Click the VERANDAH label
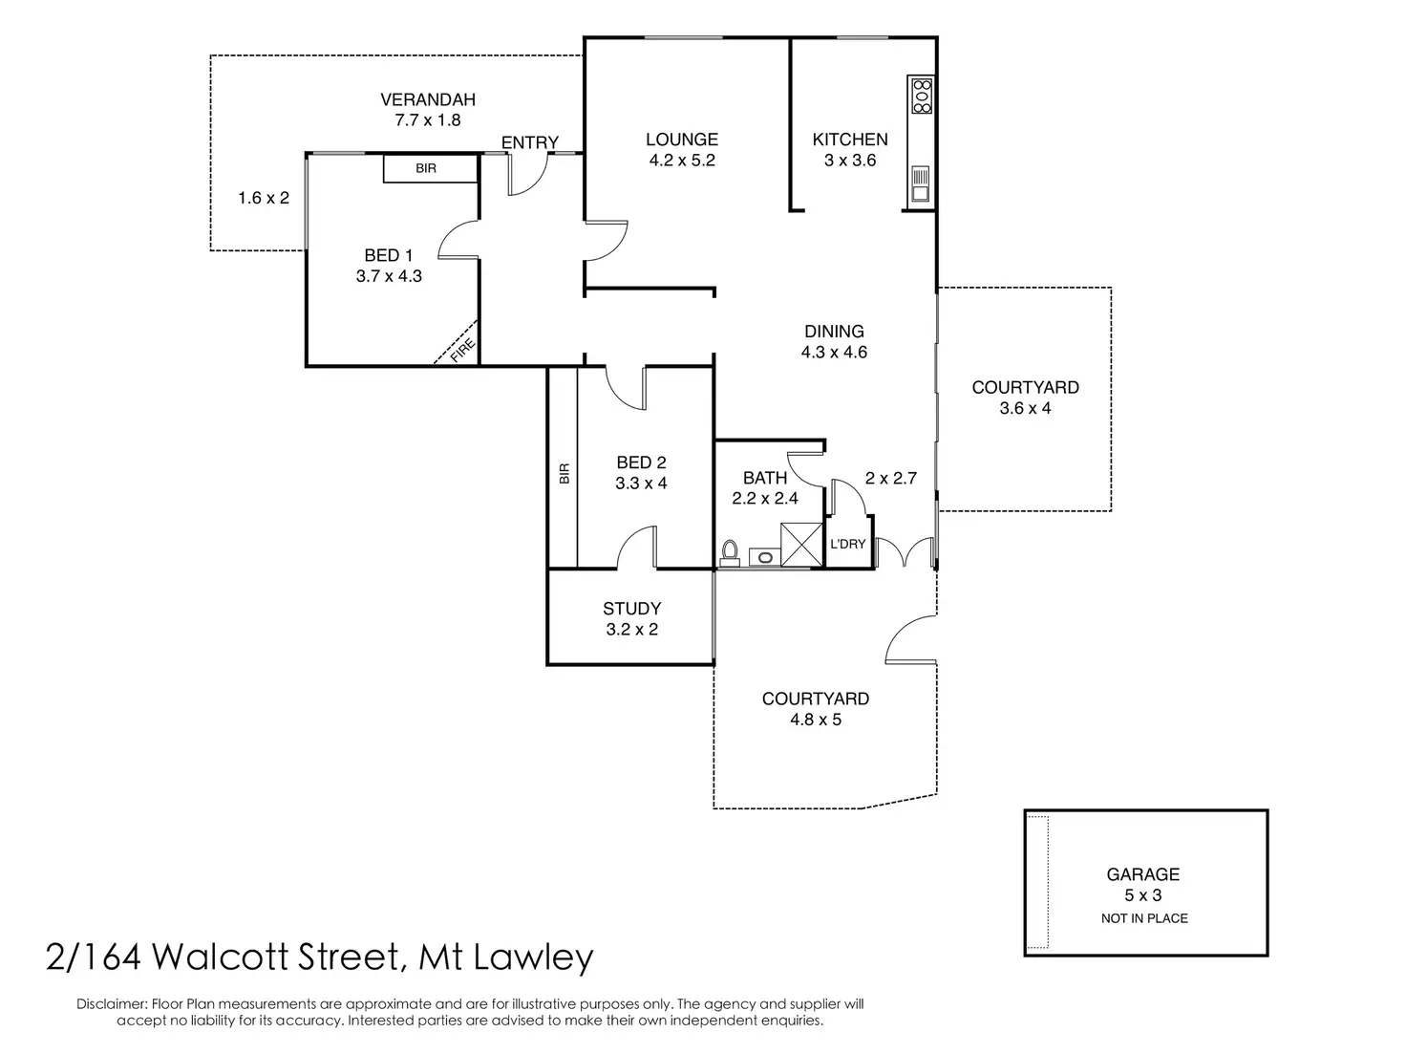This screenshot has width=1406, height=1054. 427,99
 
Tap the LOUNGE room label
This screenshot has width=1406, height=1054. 681,140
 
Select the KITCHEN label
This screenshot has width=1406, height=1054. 849,140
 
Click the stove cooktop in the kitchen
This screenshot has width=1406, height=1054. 922,97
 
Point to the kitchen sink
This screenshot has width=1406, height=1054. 920,184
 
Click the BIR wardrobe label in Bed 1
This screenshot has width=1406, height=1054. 426,168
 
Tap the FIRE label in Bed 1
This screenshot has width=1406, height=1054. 462,351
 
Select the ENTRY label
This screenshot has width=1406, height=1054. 529,142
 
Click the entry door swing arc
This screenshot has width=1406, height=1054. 528,177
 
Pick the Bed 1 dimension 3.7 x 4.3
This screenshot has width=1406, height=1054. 389,276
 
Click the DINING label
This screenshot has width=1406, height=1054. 834,332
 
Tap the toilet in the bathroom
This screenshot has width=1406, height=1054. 731,551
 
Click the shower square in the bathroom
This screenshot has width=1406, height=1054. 801,545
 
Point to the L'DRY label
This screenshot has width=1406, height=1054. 847,544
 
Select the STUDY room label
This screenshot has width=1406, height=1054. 631,609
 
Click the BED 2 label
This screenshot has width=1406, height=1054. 641,462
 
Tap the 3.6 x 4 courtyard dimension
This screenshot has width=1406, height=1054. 1025,408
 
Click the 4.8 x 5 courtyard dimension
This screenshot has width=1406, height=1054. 815,720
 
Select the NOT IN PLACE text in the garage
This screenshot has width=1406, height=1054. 1143,918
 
